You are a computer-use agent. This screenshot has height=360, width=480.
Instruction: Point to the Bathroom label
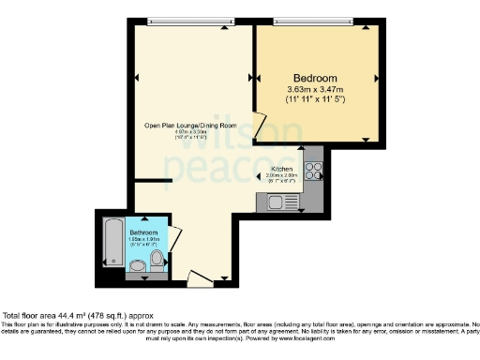coord(143,231)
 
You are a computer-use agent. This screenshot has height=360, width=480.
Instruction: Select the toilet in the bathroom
coord(157,259)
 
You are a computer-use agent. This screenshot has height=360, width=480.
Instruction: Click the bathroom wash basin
coord(138,267)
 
